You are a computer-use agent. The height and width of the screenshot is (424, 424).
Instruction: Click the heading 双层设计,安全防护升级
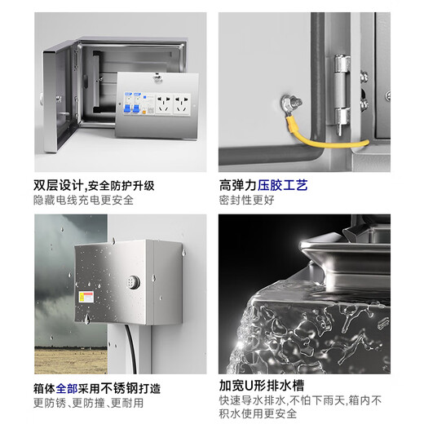pyautogui.click(x=94, y=184)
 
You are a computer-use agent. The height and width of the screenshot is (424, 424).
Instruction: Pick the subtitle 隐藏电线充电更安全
pyautogui.click(x=83, y=200)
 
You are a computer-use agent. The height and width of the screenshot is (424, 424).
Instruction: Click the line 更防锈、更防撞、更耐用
pyautogui.click(x=89, y=404)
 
